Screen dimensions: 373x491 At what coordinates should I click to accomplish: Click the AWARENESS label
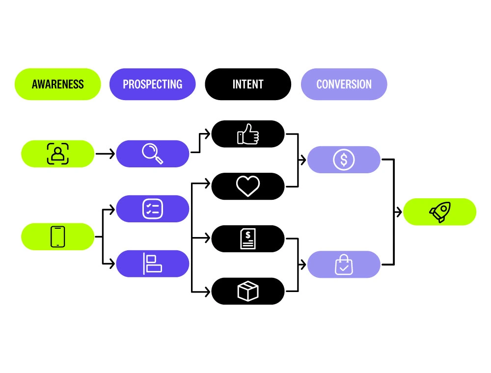point(57,84)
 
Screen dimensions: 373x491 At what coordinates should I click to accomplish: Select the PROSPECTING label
point(152,84)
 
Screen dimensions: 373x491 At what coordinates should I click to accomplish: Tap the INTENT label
point(248,84)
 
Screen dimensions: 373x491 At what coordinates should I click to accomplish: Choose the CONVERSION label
point(344,84)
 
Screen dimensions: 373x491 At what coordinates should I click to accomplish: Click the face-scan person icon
point(58,154)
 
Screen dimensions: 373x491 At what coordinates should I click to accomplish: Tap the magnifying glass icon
point(152,154)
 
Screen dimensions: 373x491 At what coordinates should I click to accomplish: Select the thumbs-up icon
point(248,133)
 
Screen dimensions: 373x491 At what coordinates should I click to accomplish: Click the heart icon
point(248,186)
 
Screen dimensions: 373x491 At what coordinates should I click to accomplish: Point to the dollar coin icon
point(344,160)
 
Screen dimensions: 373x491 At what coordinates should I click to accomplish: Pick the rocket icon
point(440,212)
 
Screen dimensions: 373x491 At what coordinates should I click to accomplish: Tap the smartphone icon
point(58,237)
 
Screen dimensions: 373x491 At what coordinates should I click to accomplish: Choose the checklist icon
point(152,209)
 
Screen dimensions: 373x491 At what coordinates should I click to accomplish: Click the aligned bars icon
point(152,264)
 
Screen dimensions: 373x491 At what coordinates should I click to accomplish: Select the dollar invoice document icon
point(248,239)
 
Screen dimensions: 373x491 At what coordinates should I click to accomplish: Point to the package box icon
point(248,291)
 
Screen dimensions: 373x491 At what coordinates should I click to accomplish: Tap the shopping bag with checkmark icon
point(344,265)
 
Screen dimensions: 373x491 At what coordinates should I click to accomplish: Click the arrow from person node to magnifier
point(105,154)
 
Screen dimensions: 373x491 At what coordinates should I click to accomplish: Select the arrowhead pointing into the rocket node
point(400,212)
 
